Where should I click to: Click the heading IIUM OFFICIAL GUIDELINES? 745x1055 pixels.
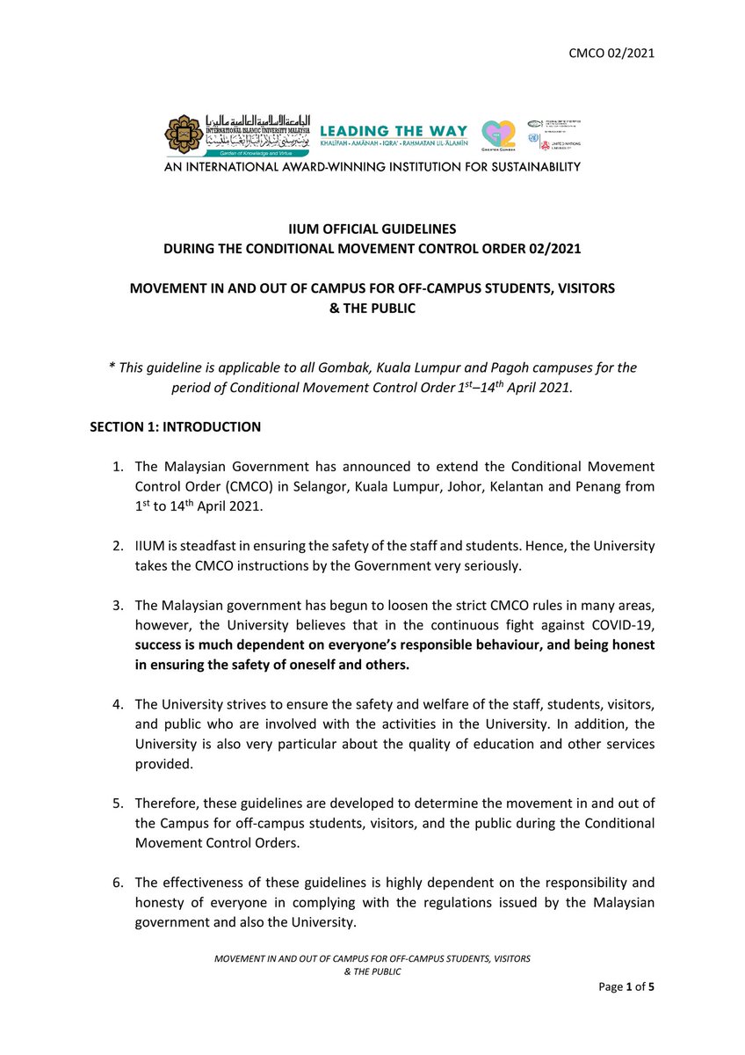tap(372, 229)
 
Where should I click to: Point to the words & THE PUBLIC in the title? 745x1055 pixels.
tap(372, 309)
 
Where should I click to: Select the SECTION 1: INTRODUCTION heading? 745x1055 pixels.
tap(175, 427)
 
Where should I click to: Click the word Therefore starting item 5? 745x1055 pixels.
tap(168, 803)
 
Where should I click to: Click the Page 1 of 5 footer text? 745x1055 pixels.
tap(626, 987)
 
